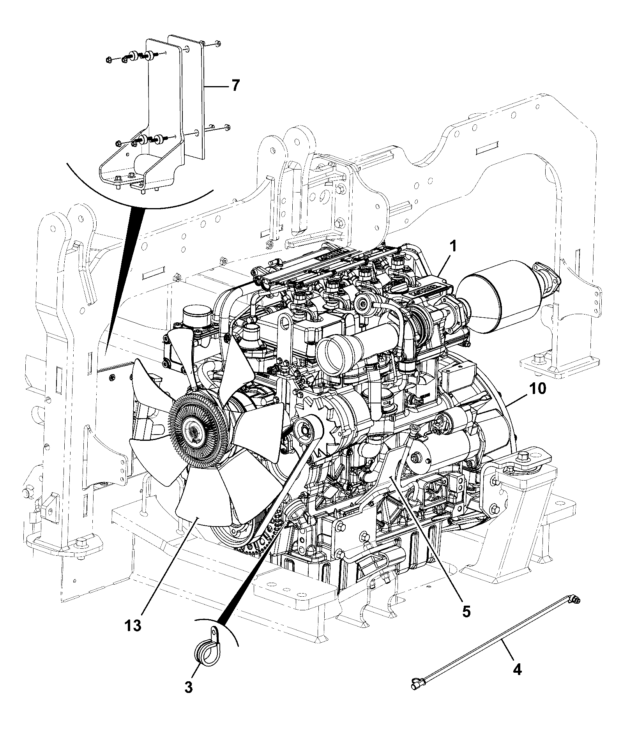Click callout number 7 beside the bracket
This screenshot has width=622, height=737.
[236, 85]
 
